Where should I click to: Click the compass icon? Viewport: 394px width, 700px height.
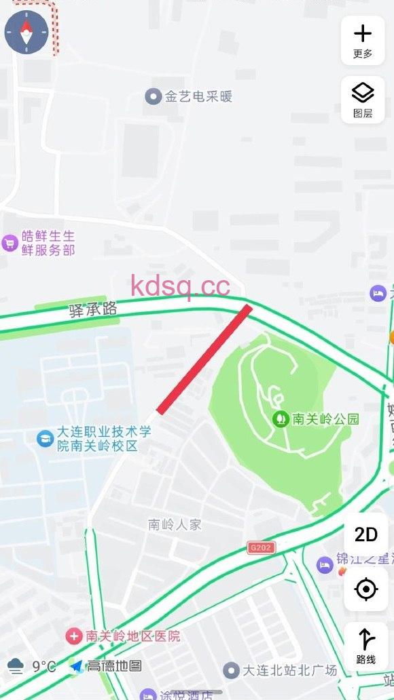click(26, 32)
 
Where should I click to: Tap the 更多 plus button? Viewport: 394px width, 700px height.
click(363, 40)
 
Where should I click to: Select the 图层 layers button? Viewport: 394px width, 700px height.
click(363, 99)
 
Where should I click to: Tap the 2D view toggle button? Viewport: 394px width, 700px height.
click(365, 534)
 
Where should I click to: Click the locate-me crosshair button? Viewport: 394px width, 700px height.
click(365, 589)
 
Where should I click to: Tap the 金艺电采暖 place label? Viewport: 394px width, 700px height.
click(198, 96)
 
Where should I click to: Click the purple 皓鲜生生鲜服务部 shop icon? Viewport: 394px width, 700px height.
click(10, 243)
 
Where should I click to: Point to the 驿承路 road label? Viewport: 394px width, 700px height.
click(93, 310)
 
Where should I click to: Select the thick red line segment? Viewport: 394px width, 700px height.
click(204, 359)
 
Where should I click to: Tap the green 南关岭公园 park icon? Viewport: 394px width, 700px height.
click(279, 419)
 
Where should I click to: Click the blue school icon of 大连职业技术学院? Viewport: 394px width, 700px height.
click(45, 438)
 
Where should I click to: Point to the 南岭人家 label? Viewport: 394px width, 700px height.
click(175, 524)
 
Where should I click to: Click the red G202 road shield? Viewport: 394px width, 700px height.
click(262, 547)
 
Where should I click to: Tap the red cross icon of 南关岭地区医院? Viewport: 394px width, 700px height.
click(73, 636)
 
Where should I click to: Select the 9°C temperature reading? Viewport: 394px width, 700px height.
click(43, 666)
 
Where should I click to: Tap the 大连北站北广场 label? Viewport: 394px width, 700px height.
click(290, 670)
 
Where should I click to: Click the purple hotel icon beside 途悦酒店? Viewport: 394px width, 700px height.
click(148, 695)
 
